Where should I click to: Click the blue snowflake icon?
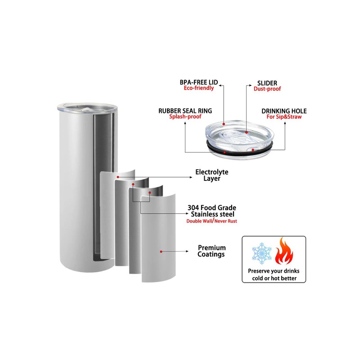click(x=262, y=253)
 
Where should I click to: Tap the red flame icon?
click(x=284, y=251)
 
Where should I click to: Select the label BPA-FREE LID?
click(x=199, y=82)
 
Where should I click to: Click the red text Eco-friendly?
click(x=199, y=88)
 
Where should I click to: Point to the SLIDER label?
click(x=267, y=83)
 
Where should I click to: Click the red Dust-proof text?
click(x=267, y=89)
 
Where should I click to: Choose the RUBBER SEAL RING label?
click(x=185, y=111)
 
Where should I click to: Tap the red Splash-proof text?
click(x=185, y=117)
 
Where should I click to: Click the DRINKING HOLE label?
click(x=284, y=111)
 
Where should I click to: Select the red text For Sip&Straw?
click(x=284, y=117)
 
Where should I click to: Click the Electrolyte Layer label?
click(x=211, y=175)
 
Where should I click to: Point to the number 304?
click(x=193, y=208)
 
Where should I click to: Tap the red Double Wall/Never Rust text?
click(x=211, y=221)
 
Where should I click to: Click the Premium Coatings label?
click(x=211, y=251)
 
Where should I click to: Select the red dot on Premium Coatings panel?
click(x=161, y=252)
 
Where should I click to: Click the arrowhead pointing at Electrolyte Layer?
click(x=191, y=177)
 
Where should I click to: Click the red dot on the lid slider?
click(x=246, y=132)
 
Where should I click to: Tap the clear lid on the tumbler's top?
click(x=87, y=107)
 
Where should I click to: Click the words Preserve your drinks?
click(x=274, y=271)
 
